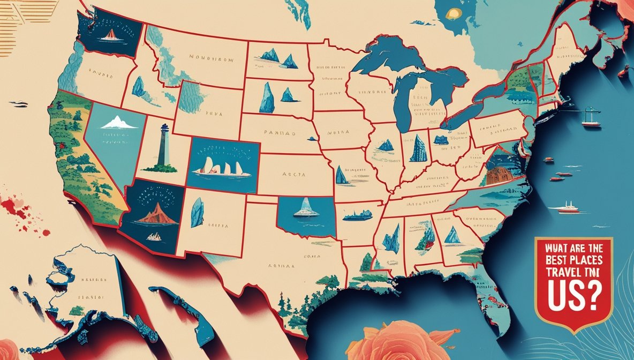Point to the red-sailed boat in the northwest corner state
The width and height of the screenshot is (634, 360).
click(110, 35)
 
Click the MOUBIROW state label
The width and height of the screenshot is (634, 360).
click(211, 60)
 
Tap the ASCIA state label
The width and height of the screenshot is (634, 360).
click(293, 174)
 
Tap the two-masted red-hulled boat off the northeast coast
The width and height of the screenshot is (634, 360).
click(591, 119)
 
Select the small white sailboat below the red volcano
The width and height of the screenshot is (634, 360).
click(154, 236)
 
